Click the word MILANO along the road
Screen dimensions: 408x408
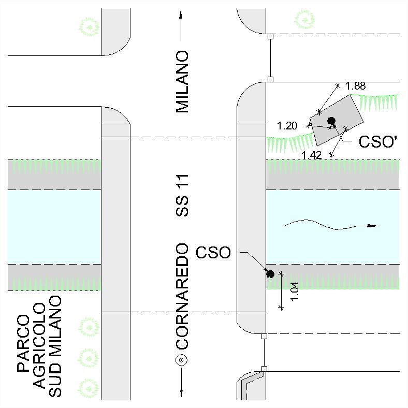[x=182, y=82]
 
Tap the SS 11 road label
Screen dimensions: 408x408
[x=182, y=195]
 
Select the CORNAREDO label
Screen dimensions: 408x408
[x=182, y=296]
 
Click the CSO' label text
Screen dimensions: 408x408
[x=378, y=142]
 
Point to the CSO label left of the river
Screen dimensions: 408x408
[x=213, y=252]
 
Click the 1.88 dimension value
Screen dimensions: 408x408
[x=355, y=86]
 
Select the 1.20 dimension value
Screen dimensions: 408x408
[x=287, y=126]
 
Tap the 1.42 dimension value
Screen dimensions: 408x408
[x=312, y=155]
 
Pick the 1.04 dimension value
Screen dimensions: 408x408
[x=294, y=292]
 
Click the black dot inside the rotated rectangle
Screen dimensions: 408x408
[x=331, y=121]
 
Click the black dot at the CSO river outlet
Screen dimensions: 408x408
[x=271, y=274]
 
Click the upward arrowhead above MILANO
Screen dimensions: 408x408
[x=181, y=15]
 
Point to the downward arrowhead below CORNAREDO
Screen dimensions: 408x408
[x=181, y=393]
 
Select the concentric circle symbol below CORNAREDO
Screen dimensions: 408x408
[x=181, y=360]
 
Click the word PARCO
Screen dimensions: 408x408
[x=23, y=343]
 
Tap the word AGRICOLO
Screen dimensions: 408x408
[x=39, y=346]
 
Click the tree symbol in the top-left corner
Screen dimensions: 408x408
[x=89, y=27]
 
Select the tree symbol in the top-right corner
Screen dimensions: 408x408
[x=304, y=20]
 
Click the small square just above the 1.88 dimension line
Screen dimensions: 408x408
[x=271, y=79]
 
